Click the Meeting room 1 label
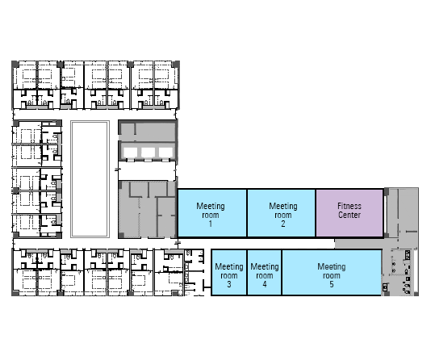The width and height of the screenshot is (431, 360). [211, 215]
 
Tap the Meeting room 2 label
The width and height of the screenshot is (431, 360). [283, 215]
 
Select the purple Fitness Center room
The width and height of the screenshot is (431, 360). [349, 213]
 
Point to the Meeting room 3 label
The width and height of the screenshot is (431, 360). [229, 275]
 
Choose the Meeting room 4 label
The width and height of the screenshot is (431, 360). [265, 275]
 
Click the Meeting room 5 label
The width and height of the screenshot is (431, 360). [332, 275]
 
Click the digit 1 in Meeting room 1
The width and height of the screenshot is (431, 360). [211, 224]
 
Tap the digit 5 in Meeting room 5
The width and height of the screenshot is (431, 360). [332, 284]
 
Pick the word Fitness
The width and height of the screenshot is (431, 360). [349, 206]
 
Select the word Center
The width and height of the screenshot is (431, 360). [349, 215]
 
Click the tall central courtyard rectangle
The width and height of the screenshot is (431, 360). [90, 179]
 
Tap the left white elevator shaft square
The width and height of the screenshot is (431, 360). [130, 153]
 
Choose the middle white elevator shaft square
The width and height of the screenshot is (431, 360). [149, 153]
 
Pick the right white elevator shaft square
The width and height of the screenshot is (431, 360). [165, 153]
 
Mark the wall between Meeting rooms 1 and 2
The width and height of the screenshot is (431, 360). [247, 213]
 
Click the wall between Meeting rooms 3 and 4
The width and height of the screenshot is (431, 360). [247, 272]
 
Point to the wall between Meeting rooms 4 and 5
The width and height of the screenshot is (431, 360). [282, 272]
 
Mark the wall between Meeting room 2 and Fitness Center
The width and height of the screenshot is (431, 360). [316, 213]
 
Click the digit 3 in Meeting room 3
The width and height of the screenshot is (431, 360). [229, 284]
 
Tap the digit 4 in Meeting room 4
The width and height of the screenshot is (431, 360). [265, 284]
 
